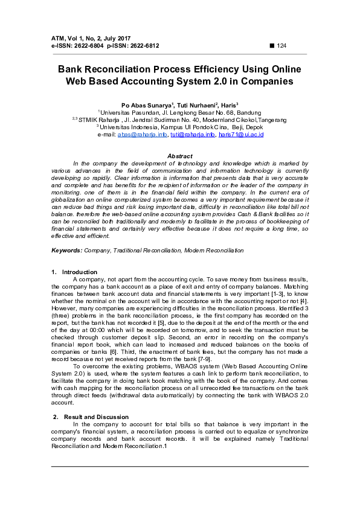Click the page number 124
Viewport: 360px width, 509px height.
pos(281,46)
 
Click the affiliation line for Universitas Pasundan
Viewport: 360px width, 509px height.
pos(180,112)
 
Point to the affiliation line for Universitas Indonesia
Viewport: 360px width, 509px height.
pos(180,127)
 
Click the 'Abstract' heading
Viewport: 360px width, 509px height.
pos(179,156)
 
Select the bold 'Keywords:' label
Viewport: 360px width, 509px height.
pos(66,249)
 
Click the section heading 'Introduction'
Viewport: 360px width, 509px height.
pos(79,272)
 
